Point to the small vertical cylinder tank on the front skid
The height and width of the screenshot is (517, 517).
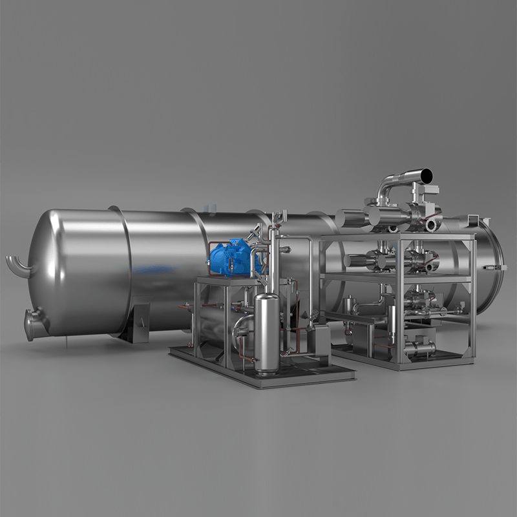(x=266, y=333)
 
